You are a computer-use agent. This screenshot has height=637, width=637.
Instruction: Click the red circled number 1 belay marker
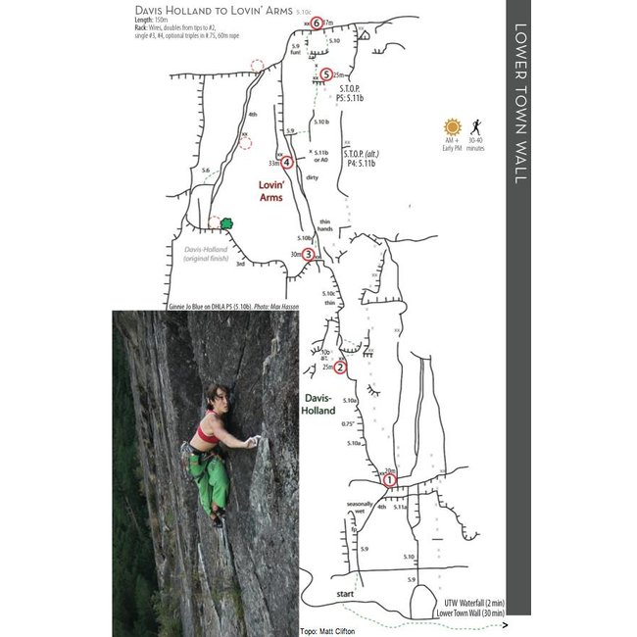click(388, 480)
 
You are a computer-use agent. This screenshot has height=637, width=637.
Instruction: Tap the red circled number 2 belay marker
click(339, 367)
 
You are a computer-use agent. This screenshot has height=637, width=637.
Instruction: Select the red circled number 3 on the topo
click(309, 255)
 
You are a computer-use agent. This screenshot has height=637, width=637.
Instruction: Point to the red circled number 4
click(285, 163)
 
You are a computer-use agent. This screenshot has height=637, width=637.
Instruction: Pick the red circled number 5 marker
click(325, 73)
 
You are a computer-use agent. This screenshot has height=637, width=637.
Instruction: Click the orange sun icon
click(452, 127)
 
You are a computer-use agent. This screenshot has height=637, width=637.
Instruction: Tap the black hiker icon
click(475, 127)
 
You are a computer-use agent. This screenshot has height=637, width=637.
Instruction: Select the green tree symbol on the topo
click(227, 223)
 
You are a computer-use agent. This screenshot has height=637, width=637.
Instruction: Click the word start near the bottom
click(344, 594)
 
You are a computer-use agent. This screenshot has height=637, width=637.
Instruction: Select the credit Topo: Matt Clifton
click(330, 630)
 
